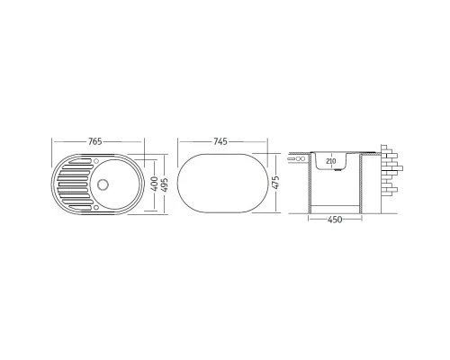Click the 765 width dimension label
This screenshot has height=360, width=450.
(x=95, y=141)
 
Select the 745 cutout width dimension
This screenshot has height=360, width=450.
(x=220, y=141)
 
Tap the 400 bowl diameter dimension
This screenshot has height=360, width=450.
(x=154, y=184)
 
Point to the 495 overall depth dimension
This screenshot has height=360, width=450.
(x=165, y=185)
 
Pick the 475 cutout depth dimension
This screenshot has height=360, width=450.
(x=275, y=182)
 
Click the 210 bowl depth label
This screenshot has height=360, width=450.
(x=330, y=161)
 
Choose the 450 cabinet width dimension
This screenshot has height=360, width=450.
(x=335, y=220)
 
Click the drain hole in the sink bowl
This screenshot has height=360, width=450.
(x=103, y=184)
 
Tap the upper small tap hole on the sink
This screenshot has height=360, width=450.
(x=96, y=161)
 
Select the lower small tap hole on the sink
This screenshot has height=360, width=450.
(x=96, y=207)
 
